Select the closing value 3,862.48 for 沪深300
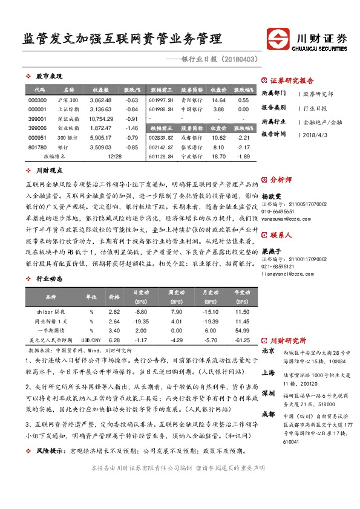pos(100,100)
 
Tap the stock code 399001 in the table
pos(37,119)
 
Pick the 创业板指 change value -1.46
pos(131,129)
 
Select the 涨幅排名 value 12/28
pos(114,156)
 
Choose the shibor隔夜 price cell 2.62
pos(114,311)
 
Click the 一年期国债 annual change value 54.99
pos(243,331)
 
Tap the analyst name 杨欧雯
pos(271,196)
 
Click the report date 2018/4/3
pos(315,135)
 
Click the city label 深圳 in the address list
pos(268,393)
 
